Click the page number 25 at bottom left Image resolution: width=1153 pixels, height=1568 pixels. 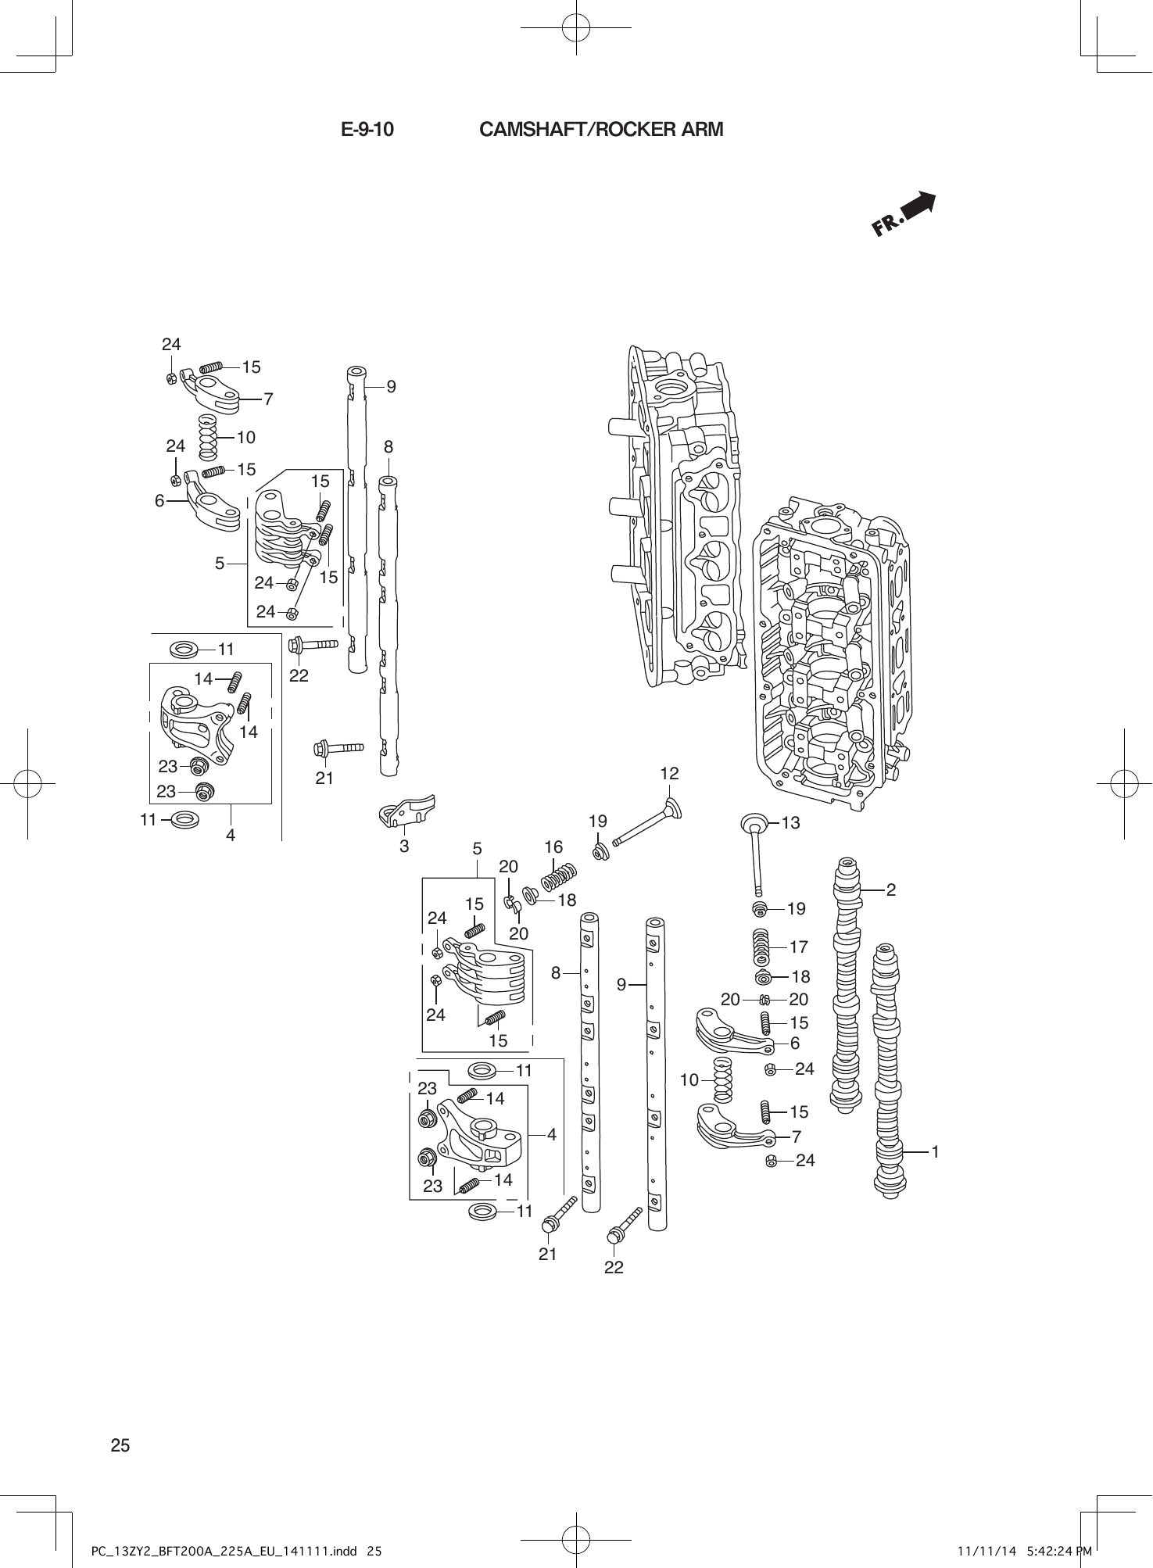120,1445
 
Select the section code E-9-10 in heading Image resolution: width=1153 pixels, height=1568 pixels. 367,130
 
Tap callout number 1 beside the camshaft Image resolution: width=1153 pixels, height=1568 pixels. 935,1151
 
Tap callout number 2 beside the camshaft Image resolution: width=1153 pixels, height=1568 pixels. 891,890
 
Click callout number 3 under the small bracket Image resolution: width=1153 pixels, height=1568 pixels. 404,846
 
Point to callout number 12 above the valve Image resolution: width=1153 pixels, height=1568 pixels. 669,774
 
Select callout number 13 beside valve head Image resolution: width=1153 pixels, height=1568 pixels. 790,822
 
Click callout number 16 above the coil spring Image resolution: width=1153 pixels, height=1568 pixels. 553,847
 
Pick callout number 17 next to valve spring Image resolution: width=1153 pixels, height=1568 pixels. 798,947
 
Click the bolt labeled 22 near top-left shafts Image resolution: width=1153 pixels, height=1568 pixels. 313,646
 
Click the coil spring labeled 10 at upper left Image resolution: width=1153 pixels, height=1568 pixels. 207,438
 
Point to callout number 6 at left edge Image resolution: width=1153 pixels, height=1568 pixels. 159,501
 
